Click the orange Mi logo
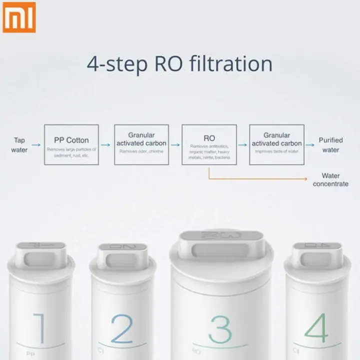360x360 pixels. (19, 16)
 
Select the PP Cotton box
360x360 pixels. (71, 145)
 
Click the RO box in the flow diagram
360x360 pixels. (209, 145)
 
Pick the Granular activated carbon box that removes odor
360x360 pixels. (141, 145)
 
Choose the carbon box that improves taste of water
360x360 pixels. (276, 145)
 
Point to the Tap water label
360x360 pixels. (19, 145)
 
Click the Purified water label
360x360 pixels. (330, 145)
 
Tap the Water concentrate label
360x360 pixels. (330, 179)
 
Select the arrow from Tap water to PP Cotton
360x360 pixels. (36, 145)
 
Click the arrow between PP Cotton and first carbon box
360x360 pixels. (106, 145)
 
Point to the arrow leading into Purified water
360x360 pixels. (310, 145)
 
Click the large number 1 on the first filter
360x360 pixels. (41, 328)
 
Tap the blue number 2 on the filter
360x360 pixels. (121, 328)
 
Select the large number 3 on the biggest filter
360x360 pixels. (220, 329)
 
